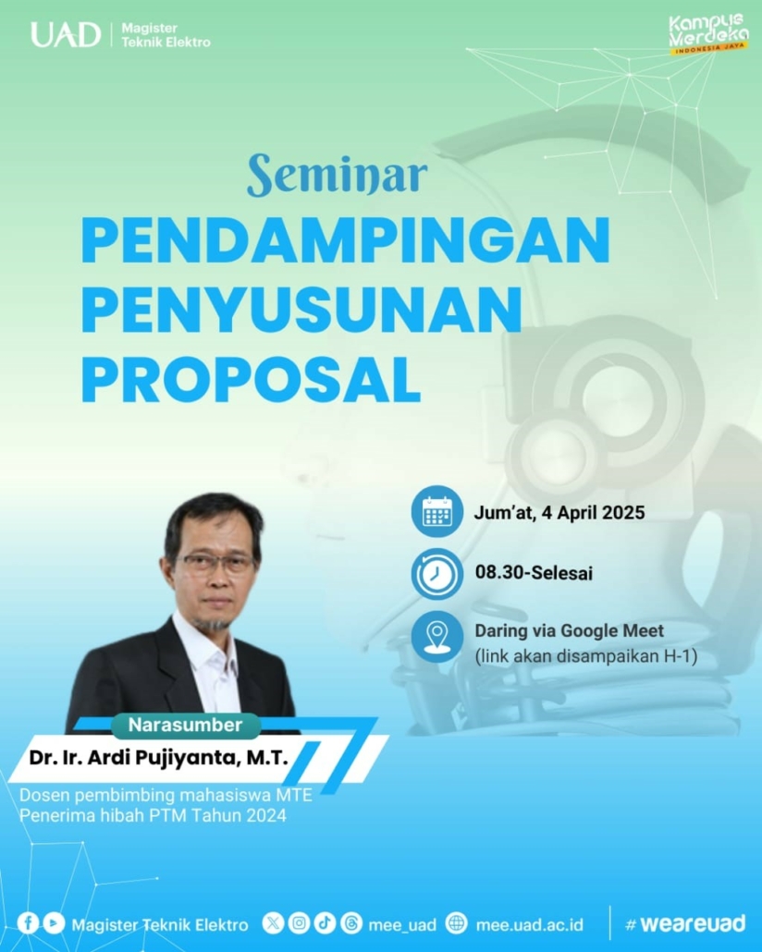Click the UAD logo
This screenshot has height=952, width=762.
pos(66,34)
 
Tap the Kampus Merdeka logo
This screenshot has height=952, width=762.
pos(708,34)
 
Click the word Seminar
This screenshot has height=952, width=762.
pos(338,175)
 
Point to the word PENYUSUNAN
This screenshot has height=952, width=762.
pos(302,310)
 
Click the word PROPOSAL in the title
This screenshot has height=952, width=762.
pos(251,380)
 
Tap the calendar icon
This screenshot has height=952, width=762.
pos(436,511)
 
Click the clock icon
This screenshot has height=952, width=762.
pos(436,574)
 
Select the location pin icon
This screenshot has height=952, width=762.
pos(436,636)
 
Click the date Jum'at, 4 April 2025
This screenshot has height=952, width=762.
pos(559,513)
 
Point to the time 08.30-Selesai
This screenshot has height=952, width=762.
pos(534,572)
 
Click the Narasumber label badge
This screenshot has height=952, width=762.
pos(185,725)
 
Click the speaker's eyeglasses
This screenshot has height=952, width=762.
pos(218,565)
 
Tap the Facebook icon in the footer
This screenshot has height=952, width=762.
pos(28,923)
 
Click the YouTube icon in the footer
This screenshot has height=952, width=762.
pos(54,923)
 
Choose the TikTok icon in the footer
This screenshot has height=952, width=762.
pos(326,923)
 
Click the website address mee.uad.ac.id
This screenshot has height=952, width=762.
pos(529,924)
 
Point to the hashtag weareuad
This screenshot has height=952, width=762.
pos(685,924)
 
